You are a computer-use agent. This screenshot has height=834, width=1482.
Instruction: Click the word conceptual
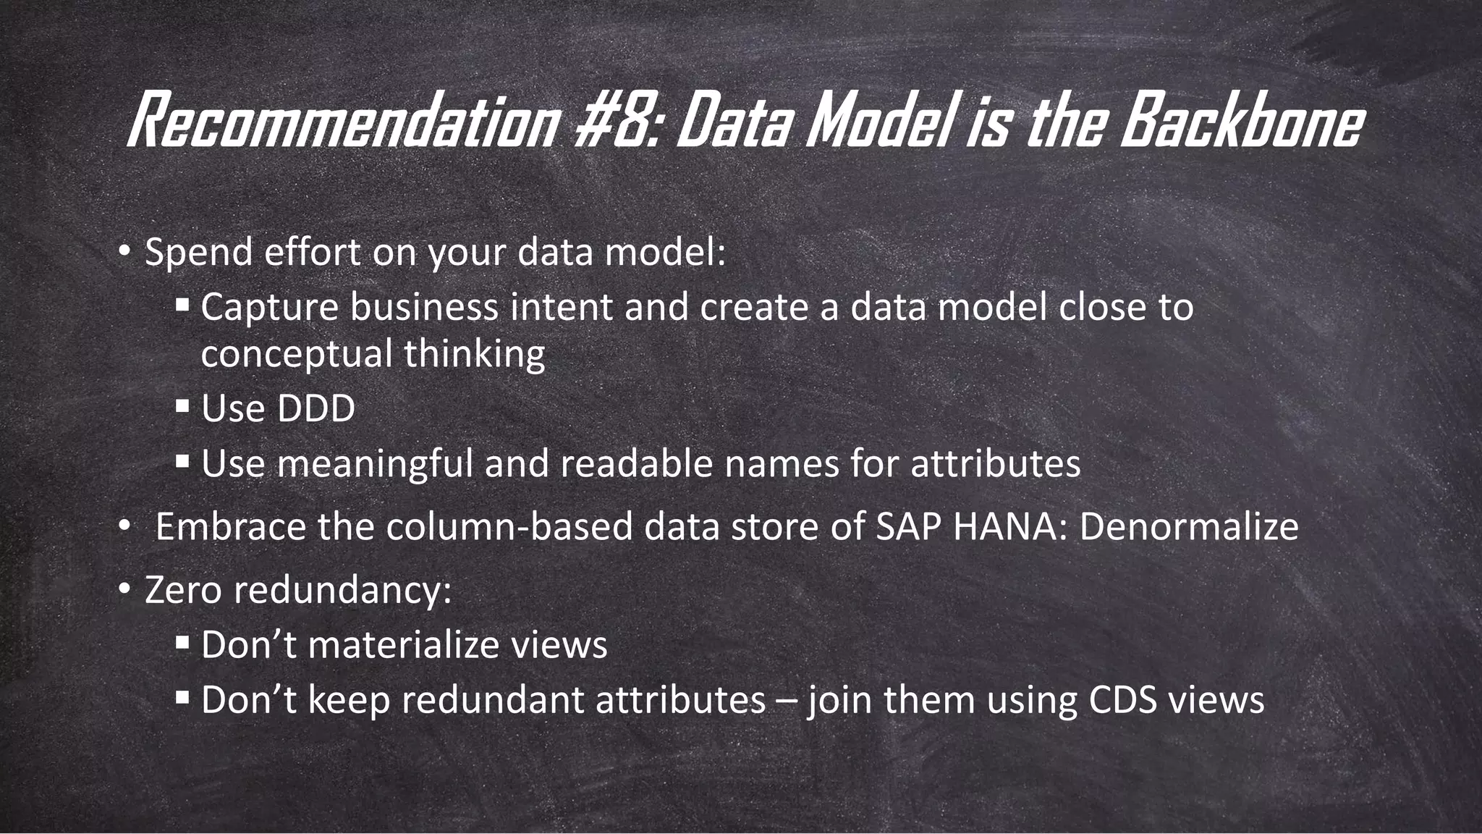click(296, 355)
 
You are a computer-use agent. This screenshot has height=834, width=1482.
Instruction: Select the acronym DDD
click(316, 408)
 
